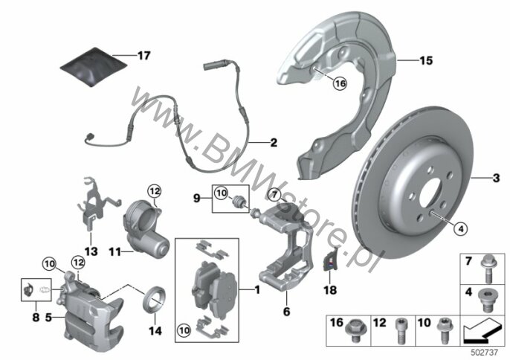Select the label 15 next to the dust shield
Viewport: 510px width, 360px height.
tap(425, 60)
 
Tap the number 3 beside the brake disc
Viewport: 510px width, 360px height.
tap(497, 176)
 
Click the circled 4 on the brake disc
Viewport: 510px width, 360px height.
tap(460, 229)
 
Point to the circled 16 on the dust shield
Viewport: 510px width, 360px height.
tap(319, 84)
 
